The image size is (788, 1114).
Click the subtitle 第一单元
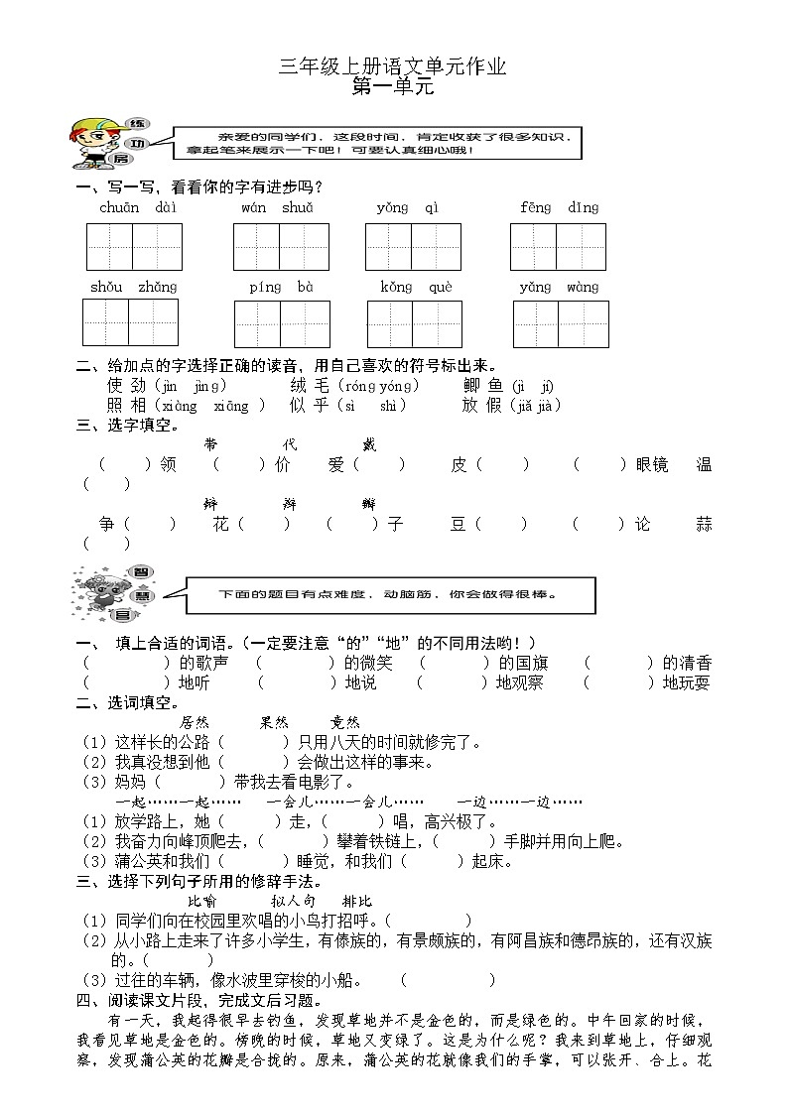[393, 86]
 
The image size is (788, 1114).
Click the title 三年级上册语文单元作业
[393, 66]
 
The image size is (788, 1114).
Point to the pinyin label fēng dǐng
[560, 207]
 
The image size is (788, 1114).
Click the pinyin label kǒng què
[416, 287]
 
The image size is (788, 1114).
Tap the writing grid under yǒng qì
[413, 247]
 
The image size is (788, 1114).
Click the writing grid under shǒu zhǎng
[131, 322]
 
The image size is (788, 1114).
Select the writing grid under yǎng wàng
[561, 323]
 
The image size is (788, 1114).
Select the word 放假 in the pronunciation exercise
[483, 405]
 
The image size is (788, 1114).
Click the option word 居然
[195, 722]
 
